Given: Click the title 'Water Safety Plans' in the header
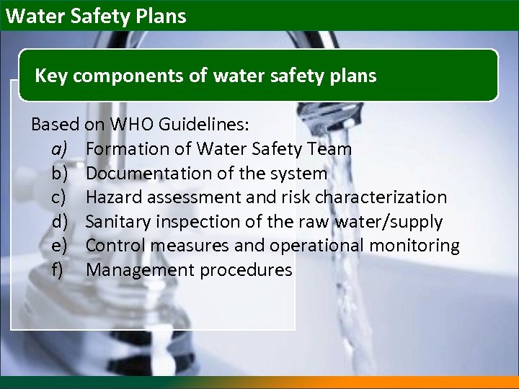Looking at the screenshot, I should click(95, 16).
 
